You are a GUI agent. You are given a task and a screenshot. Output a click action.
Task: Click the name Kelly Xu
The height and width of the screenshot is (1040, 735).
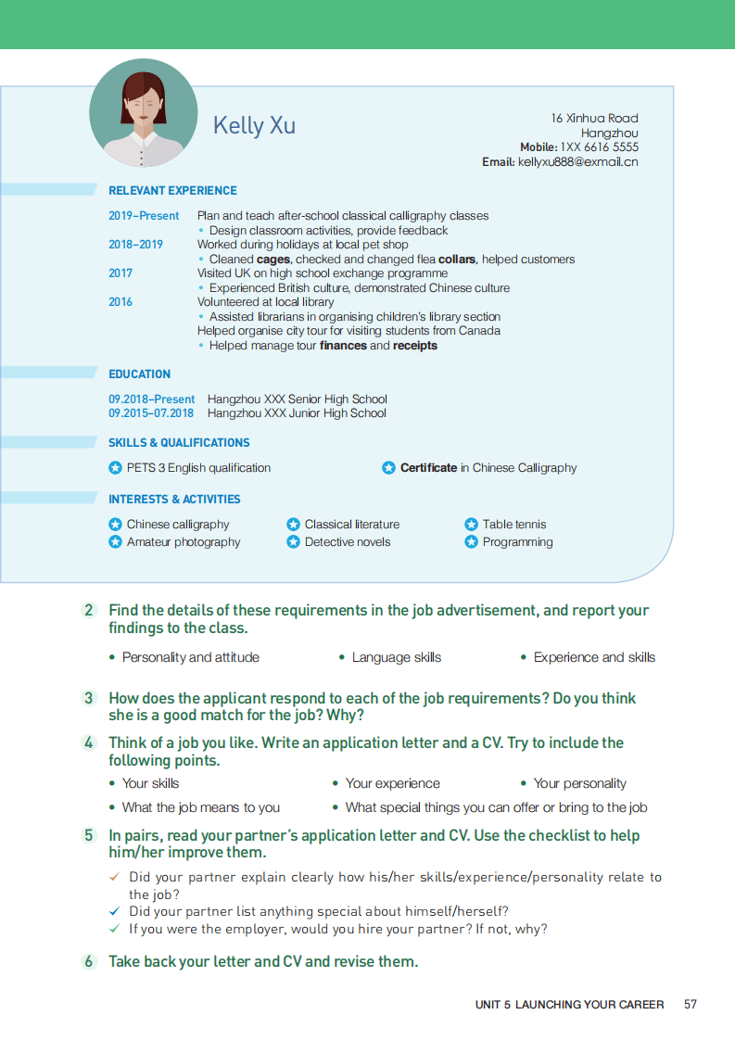click(x=254, y=125)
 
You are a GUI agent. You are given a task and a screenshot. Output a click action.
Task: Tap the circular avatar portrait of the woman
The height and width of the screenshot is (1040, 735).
click(x=143, y=112)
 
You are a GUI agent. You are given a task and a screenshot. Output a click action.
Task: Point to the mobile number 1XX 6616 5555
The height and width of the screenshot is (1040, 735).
click(x=599, y=147)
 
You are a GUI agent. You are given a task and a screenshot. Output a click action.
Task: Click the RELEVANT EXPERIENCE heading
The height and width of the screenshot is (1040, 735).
click(x=172, y=191)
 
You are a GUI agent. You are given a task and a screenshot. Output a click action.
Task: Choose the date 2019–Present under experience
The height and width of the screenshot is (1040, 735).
click(x=144, y=216)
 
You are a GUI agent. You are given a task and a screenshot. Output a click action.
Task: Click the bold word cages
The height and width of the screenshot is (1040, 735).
click(x=273, y=260)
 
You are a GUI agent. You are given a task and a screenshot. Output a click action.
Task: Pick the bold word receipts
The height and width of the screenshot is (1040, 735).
click(x=414, y=346)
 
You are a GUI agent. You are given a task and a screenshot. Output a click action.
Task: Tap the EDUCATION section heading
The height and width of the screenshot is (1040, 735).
click(x=139, y=374)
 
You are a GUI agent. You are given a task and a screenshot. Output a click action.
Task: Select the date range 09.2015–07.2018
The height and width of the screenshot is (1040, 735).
click(x=151, y=413)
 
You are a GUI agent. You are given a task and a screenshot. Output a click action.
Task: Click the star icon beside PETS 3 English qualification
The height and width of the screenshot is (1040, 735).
click(x=115, y=468)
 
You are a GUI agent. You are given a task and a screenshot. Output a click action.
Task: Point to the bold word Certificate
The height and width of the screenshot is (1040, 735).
click(x=428, y=468)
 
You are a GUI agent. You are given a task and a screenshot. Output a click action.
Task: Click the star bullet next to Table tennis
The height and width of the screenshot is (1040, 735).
click(x=471, y=525)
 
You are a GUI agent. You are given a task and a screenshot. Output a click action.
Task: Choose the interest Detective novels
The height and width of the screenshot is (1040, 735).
click(x=348, y=542)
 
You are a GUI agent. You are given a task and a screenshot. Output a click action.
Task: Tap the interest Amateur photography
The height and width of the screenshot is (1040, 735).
click(x=184, y=542)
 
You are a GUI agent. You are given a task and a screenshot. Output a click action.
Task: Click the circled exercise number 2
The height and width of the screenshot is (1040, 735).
click(x=89, y=610)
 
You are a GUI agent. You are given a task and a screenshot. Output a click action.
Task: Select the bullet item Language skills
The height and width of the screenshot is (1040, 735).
click(x=396, y=657)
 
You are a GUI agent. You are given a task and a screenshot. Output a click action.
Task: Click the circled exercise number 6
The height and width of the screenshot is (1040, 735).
click(x=89, y=961)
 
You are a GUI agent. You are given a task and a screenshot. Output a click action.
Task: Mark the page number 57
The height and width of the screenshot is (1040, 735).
click(x=691, y=1005)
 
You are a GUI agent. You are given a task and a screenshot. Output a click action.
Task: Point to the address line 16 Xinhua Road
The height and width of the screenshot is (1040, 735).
click(x=594, y=119)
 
